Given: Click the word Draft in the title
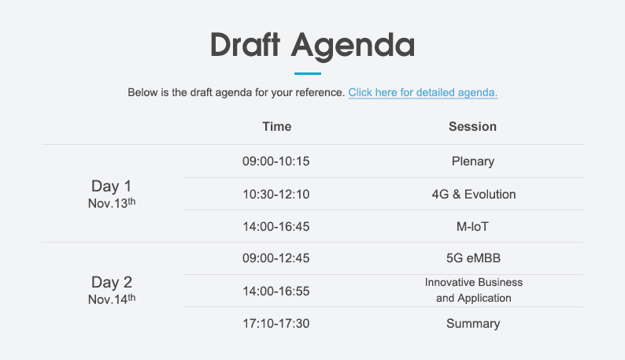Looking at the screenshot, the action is click(x=245, y=44).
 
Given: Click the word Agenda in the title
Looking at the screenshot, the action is click(x=353, y=46).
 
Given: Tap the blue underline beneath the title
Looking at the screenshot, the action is click(x=308, y=73).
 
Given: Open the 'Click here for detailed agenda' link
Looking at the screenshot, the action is click(x=423, y=93).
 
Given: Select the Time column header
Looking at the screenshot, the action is click(x=276, y=127).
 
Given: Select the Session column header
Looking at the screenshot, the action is click(x=473, y=127).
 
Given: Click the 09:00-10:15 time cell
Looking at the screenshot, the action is click(x=276, y=161).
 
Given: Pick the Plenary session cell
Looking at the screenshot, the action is click(x=473, y=161).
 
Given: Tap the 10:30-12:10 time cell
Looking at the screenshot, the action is click(x=276, y=195).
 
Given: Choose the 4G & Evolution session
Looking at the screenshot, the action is click(x=474, y=195).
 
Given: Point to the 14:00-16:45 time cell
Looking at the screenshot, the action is click(x=276, y=227).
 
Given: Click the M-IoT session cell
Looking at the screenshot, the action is click(x=472, y=227).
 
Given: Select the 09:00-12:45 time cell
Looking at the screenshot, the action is click(x=276, y=258).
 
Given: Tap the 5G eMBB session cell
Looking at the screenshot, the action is click(x=473, y=258).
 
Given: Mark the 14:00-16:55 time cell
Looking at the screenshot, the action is click(x=276, y=291).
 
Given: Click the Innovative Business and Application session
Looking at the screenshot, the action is click(x=474, y=290).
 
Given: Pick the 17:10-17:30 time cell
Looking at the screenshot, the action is click(x=276, y=323).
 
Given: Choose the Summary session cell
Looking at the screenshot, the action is click(x=473, y=324).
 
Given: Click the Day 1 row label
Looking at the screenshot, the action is click(x=111, y=186).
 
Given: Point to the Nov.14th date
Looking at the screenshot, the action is click(x=112, y=299).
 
